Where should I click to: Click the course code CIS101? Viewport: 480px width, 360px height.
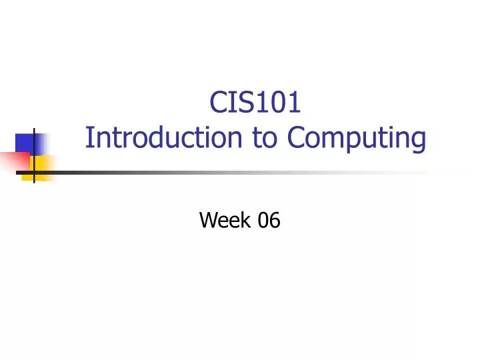click(x=256, y=103)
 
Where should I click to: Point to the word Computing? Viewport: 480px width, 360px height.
click(x=357, y=139)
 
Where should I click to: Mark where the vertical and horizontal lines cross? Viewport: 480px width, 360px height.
click(x=34, y=173)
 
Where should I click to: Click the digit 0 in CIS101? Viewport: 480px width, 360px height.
click(x=276, y=103)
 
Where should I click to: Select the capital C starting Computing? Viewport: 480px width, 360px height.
click(x=295, y=138)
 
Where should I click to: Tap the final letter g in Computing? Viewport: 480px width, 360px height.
click(x=419, y=141)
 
